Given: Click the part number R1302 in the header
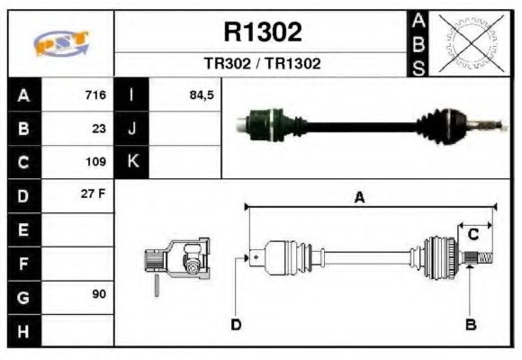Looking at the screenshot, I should [x=262, y=32].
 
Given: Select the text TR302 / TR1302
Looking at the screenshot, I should [x=262, y=64].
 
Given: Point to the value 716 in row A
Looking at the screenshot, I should [x=95, y=95].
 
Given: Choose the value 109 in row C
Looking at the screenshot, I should [x=95, y=163].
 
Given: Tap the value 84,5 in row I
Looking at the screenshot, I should [x=202, y=95].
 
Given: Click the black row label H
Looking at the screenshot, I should [x=23, y=330].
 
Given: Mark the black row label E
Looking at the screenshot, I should [x=23, y=229].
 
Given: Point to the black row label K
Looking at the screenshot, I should [x=132, y=163].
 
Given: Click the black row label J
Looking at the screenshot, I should [x=132, y=129].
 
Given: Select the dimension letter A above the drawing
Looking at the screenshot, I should [x=359, y=199].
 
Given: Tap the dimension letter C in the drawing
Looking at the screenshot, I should [x=472, y=235].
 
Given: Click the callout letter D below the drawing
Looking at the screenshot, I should [x=236, y=324].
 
